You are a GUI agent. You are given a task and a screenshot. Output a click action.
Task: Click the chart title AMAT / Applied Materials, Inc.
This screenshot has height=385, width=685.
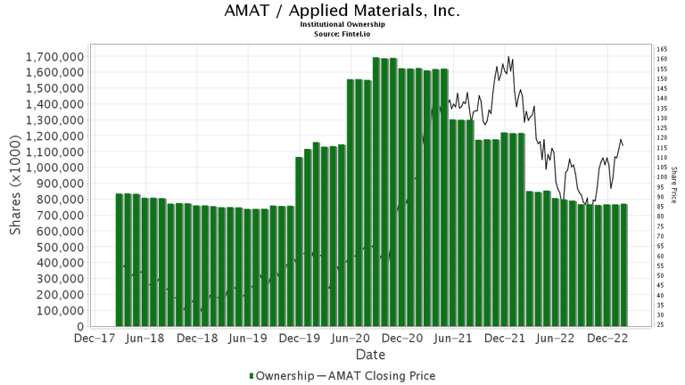342,11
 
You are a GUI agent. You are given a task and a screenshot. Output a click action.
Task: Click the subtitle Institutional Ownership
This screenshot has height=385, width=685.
342,25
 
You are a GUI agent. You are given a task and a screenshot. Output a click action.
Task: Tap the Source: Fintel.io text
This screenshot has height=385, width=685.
342,34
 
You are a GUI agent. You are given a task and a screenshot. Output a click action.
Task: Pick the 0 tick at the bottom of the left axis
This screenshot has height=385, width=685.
81,327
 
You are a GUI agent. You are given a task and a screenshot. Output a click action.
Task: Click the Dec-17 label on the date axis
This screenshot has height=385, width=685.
93,340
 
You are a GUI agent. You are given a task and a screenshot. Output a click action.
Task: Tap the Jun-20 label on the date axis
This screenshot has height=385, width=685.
351,340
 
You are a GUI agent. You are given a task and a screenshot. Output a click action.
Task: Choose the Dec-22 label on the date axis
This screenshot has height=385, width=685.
609,340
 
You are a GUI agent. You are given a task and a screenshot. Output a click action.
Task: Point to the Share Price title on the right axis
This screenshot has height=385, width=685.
673,184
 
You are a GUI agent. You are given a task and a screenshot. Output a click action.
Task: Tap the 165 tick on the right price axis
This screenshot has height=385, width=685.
662,49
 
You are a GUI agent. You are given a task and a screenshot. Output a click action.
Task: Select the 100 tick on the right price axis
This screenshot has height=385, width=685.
662,177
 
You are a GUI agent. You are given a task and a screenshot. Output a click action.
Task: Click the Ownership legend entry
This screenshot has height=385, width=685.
280,376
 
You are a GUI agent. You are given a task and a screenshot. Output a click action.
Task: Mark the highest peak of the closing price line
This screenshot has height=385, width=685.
508,57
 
